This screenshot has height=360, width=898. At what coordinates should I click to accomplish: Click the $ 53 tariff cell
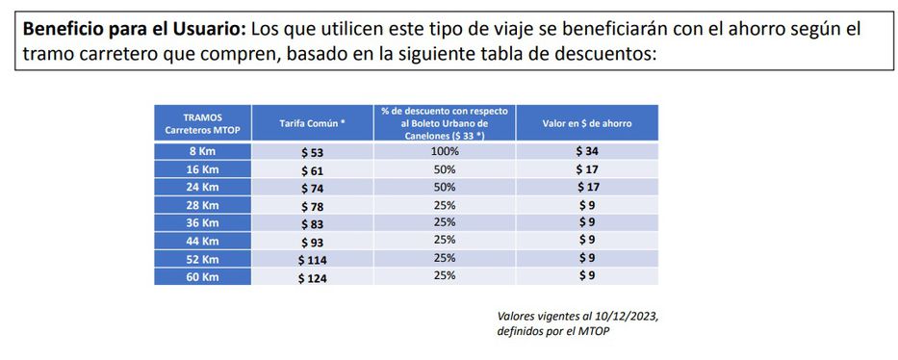point(310,152)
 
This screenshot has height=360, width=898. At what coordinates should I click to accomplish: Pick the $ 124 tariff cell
point(313,277)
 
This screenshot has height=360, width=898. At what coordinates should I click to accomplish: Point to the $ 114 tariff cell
point(313,260)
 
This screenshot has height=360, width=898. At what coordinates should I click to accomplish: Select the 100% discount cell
point(444,152)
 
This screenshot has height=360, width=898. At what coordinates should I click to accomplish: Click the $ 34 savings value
point(586,152)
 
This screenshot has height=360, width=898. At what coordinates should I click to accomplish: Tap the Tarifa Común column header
point(311,124)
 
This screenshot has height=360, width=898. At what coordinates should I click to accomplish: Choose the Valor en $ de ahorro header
point(586,124)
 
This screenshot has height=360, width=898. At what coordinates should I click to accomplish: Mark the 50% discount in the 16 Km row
point(444,169)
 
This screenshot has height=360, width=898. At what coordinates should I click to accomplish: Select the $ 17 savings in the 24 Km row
point(586,188)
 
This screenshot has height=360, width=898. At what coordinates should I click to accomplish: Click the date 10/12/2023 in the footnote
point(631,316)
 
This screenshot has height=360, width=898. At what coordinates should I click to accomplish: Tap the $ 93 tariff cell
point(310,242)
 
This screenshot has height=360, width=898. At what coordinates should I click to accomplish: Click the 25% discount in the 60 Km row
point(444,276)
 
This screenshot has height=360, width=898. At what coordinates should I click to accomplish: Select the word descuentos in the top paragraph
point(599,53)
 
